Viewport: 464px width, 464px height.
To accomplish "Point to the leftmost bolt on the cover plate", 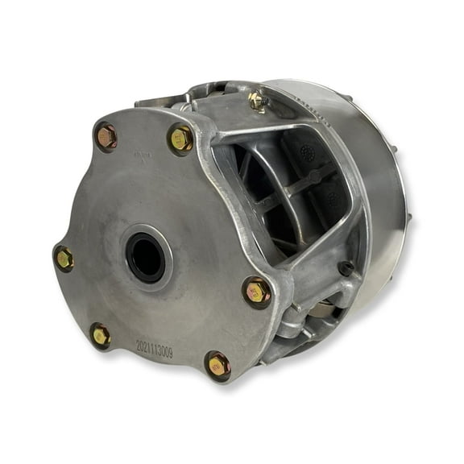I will [x=63, y=258].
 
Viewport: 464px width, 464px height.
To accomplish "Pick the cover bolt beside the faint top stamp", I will [x=106, y=136].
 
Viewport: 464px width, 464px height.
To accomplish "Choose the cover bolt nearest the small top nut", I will [x=181, y=139].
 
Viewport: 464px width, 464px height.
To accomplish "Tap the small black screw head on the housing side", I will [x=346, y=268].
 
